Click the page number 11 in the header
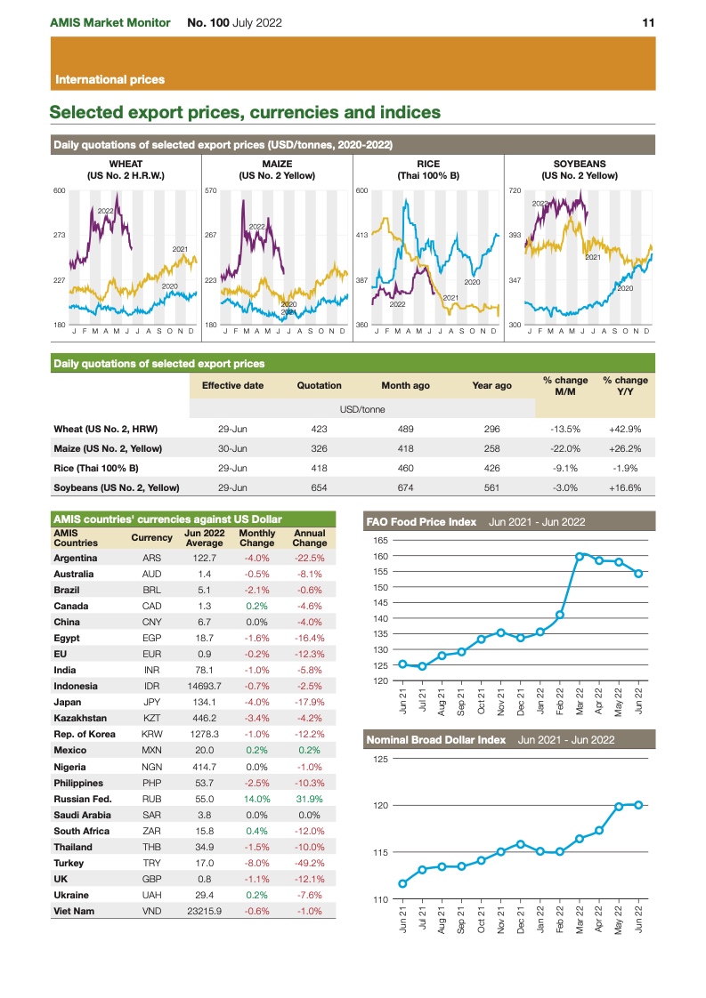pos(648,23)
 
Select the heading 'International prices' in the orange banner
pos(110,79)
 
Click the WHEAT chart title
pos(126,165)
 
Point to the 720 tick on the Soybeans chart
pos(514,191)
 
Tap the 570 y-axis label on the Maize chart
pos(211,191)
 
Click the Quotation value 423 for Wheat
pos(319,429)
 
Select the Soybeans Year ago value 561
pos(491,487)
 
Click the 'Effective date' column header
pos(232,386)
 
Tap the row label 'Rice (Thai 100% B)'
pos(103,468)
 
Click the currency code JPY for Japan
pos(152,702)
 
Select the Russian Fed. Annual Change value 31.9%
pos(310,799)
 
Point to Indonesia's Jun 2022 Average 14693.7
pos(204,686)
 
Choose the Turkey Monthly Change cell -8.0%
pos(257,863)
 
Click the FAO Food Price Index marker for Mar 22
pos(580,557)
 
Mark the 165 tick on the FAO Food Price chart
pos(380,540)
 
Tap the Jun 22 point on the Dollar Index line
pos(638,805)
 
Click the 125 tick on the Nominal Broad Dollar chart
pos(380,759)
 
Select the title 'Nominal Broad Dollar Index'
pos(436,739)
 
